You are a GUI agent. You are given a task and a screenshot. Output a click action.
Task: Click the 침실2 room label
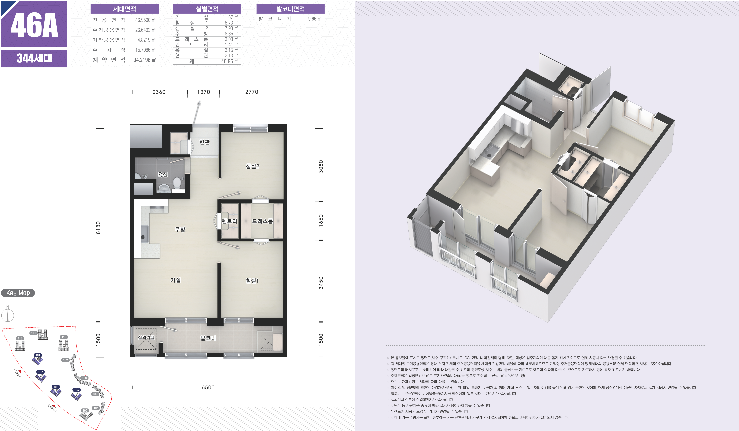pos(252,166)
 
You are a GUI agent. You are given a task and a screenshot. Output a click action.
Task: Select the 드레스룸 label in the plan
pos(263,221)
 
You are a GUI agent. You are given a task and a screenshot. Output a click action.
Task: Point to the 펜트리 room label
pos(229,221)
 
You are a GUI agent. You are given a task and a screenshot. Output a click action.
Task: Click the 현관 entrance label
pos(204,142)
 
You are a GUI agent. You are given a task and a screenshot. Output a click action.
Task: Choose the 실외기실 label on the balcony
pos(146,337)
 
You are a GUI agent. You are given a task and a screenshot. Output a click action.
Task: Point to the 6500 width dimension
pos(208,387)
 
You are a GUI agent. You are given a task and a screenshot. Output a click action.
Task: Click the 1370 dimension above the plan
pos(204,92)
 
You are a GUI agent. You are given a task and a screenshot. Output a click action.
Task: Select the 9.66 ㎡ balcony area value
pos(315,19)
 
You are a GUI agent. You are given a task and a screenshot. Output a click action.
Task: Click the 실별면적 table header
pos(207,9)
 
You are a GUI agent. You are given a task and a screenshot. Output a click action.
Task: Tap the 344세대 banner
pos(34,58)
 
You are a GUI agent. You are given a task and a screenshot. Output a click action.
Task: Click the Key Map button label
pos(18,293)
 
